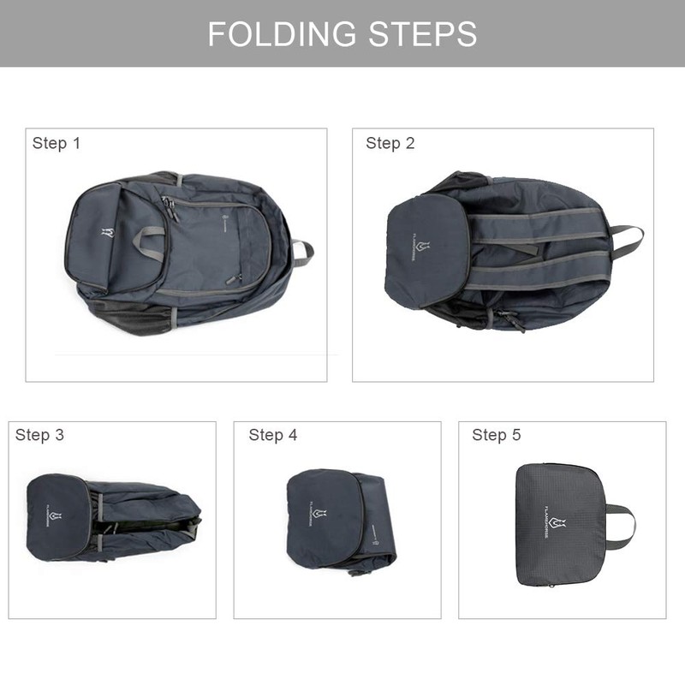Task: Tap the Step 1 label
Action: coord(57,143)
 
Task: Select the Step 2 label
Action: coord(390,143)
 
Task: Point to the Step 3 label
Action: coord(39,435)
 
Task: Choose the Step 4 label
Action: coord(273,435)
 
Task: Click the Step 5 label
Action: coord(497,435)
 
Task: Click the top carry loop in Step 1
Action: coord(302,252)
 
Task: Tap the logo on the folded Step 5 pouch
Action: coord(557,524)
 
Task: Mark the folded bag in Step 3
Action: coord(111,518)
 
